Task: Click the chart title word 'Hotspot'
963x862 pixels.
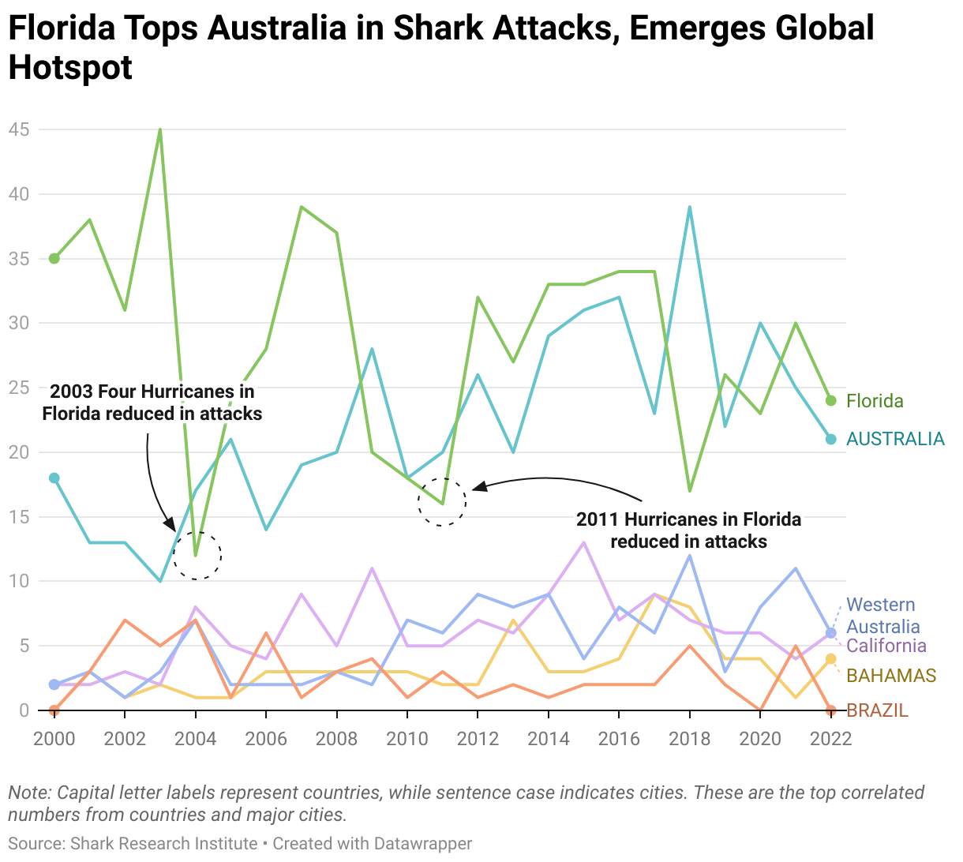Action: point(70,68)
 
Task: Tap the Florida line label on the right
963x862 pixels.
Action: point(875,401)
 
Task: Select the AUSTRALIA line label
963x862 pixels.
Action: point(895,439)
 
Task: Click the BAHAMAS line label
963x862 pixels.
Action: point(891,676)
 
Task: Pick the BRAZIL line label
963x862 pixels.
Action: point(877,710)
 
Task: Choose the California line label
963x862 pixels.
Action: point(886,646)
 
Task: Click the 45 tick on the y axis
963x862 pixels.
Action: point(19,129)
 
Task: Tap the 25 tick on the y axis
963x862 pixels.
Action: point(19,388)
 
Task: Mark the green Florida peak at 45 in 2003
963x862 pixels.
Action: point(160,129)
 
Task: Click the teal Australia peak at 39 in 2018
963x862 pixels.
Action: point(690,207)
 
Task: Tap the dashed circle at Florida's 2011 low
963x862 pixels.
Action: point(442,502)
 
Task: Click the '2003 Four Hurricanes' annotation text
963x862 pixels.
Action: point(152,403)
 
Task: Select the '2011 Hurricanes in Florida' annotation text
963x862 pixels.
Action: point(688,530)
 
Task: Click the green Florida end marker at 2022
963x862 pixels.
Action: point(830,400)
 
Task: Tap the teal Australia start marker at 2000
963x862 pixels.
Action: point(54,478)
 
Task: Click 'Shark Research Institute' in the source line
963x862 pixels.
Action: point(164,844)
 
